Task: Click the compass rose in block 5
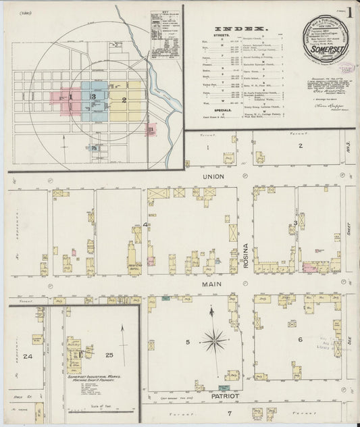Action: pos(214,336)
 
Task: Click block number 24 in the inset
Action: pos(28,356)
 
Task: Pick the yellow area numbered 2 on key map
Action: pos(124,100)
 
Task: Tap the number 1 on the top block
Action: pos(208,146)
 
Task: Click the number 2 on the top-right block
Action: pos(299,145)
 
